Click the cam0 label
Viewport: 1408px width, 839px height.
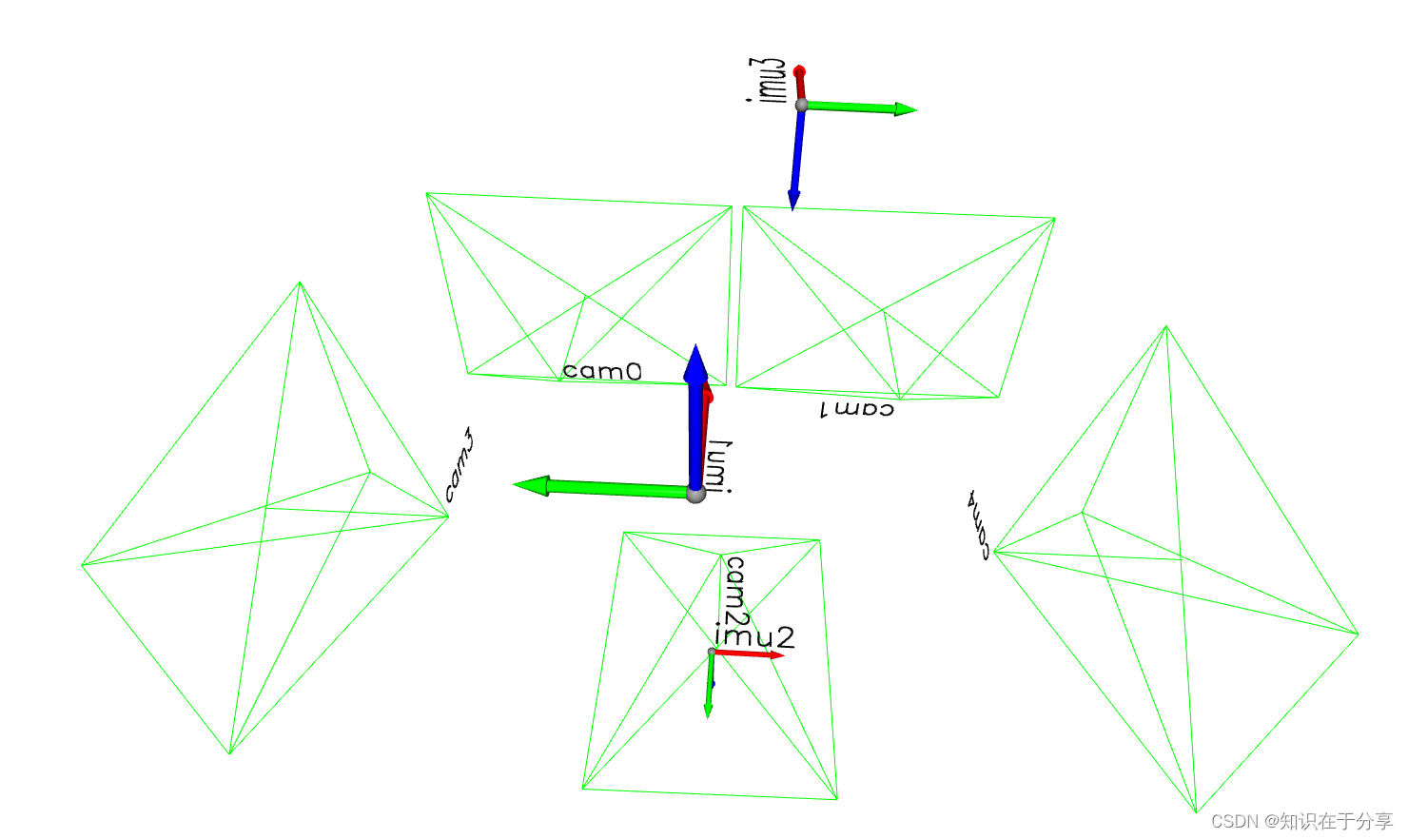[x=602, y=371]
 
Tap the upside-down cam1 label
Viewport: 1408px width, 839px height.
[x=856, y=409]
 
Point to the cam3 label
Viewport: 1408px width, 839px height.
[x=460, y=465]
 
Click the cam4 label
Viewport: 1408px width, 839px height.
[x=979, y=525]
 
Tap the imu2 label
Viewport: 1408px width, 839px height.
[x=754, y=636]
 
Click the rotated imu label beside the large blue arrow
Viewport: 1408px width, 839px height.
[x=720, y=467]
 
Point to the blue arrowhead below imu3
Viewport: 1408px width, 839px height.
[x=793, y=199]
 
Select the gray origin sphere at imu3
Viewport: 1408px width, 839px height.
[x=801, y=105]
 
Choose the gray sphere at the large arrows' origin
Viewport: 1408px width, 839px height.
[x=695, y=494]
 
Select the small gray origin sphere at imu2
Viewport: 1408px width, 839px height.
[x=712, y=652]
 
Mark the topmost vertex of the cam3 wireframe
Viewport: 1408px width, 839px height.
[x=300, y=283]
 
